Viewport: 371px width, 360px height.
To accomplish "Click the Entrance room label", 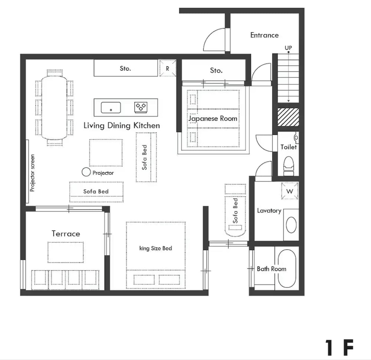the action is tap(264, 35).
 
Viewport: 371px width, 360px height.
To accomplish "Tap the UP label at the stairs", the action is tap(288, 48).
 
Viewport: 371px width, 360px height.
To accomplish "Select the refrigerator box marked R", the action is tap(168, 68).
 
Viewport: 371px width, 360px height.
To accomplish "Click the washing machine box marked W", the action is tap(290, 191).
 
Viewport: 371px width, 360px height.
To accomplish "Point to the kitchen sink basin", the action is tap(111, 108).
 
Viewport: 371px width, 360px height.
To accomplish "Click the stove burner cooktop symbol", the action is tap(141, 107).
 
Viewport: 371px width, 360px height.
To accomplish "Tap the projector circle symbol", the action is tap(86, 172).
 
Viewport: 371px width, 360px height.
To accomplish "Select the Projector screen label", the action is tap(32, 173).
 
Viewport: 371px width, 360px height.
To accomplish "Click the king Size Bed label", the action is tap(155, 248).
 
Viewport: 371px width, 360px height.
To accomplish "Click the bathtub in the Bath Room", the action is tap(286, 268).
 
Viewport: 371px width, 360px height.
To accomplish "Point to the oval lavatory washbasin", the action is tap(291, 225).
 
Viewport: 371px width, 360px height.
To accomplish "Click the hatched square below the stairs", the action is tap(288, 117).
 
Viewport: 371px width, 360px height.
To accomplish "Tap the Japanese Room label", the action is tap(213, 118).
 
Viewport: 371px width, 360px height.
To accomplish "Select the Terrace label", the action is tap(66, 233).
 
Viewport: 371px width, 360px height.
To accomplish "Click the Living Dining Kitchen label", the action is tap(122, 125).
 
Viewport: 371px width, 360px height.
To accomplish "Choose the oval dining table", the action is tap(54, 108).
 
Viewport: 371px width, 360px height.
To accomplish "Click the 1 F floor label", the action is tap(339, 347).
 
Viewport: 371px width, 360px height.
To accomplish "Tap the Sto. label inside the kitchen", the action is tap(125, 68).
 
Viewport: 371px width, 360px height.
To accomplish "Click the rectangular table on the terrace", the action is tap(66, 252).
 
